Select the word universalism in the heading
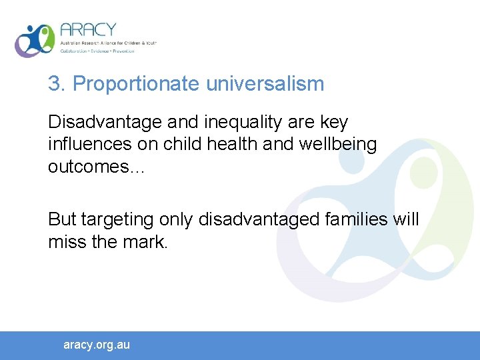point(265,84)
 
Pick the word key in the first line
point(333,123)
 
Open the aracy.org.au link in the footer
point(97,345)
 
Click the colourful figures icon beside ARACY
point(35,41)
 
